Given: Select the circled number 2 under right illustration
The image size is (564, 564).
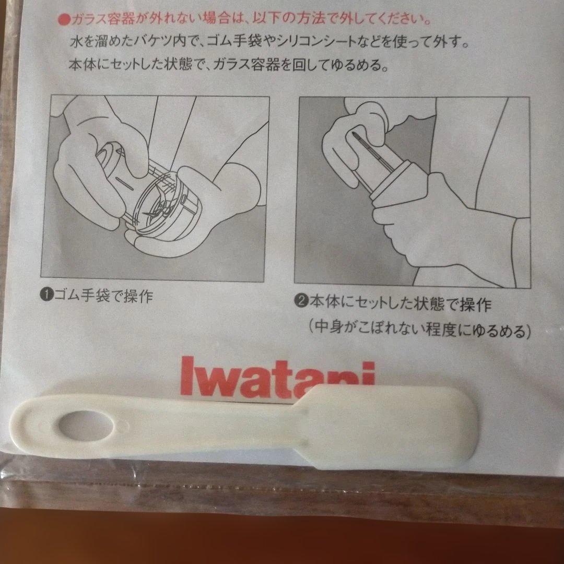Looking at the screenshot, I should pos(301,302).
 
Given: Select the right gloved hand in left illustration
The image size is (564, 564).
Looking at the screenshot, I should pos(209,198).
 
